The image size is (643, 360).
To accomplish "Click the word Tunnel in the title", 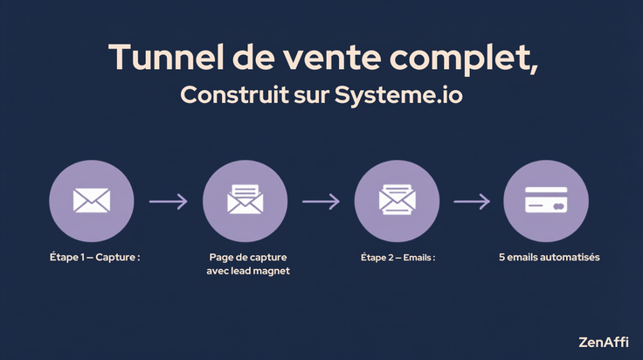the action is click(x=167, y=57).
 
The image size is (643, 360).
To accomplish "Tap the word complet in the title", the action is click(x=459, y=60).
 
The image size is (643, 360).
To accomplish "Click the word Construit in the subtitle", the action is click(x=234, y=94).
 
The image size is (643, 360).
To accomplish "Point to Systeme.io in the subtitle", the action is click(x=398, y=95).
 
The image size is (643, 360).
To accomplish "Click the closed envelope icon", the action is click(x=92, y=200).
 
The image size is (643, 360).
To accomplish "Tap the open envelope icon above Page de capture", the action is click(x=245, y=199).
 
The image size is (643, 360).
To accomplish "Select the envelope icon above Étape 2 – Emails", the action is click(x=397, y=199).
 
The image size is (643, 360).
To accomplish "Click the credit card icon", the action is click(x=546, y=200).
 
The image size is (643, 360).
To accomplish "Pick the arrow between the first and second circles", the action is click(x=168, y=201).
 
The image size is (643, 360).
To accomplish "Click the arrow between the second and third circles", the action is click(x=321, y=201).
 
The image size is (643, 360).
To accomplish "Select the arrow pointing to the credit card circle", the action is click(x=472, y=201).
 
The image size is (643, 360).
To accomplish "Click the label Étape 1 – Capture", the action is click(x=94, y=257).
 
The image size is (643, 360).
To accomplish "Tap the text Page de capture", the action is click(x=248, y=258).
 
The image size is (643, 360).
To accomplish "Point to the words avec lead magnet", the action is click(x=248, y=271).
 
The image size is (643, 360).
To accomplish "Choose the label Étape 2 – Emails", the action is click(x=398, y=258).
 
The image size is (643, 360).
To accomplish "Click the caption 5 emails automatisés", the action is click(x=550, y=257).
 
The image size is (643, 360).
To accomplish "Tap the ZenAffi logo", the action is click(x=603, y=342).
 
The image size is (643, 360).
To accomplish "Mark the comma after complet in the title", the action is click(x=533, y=69).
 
